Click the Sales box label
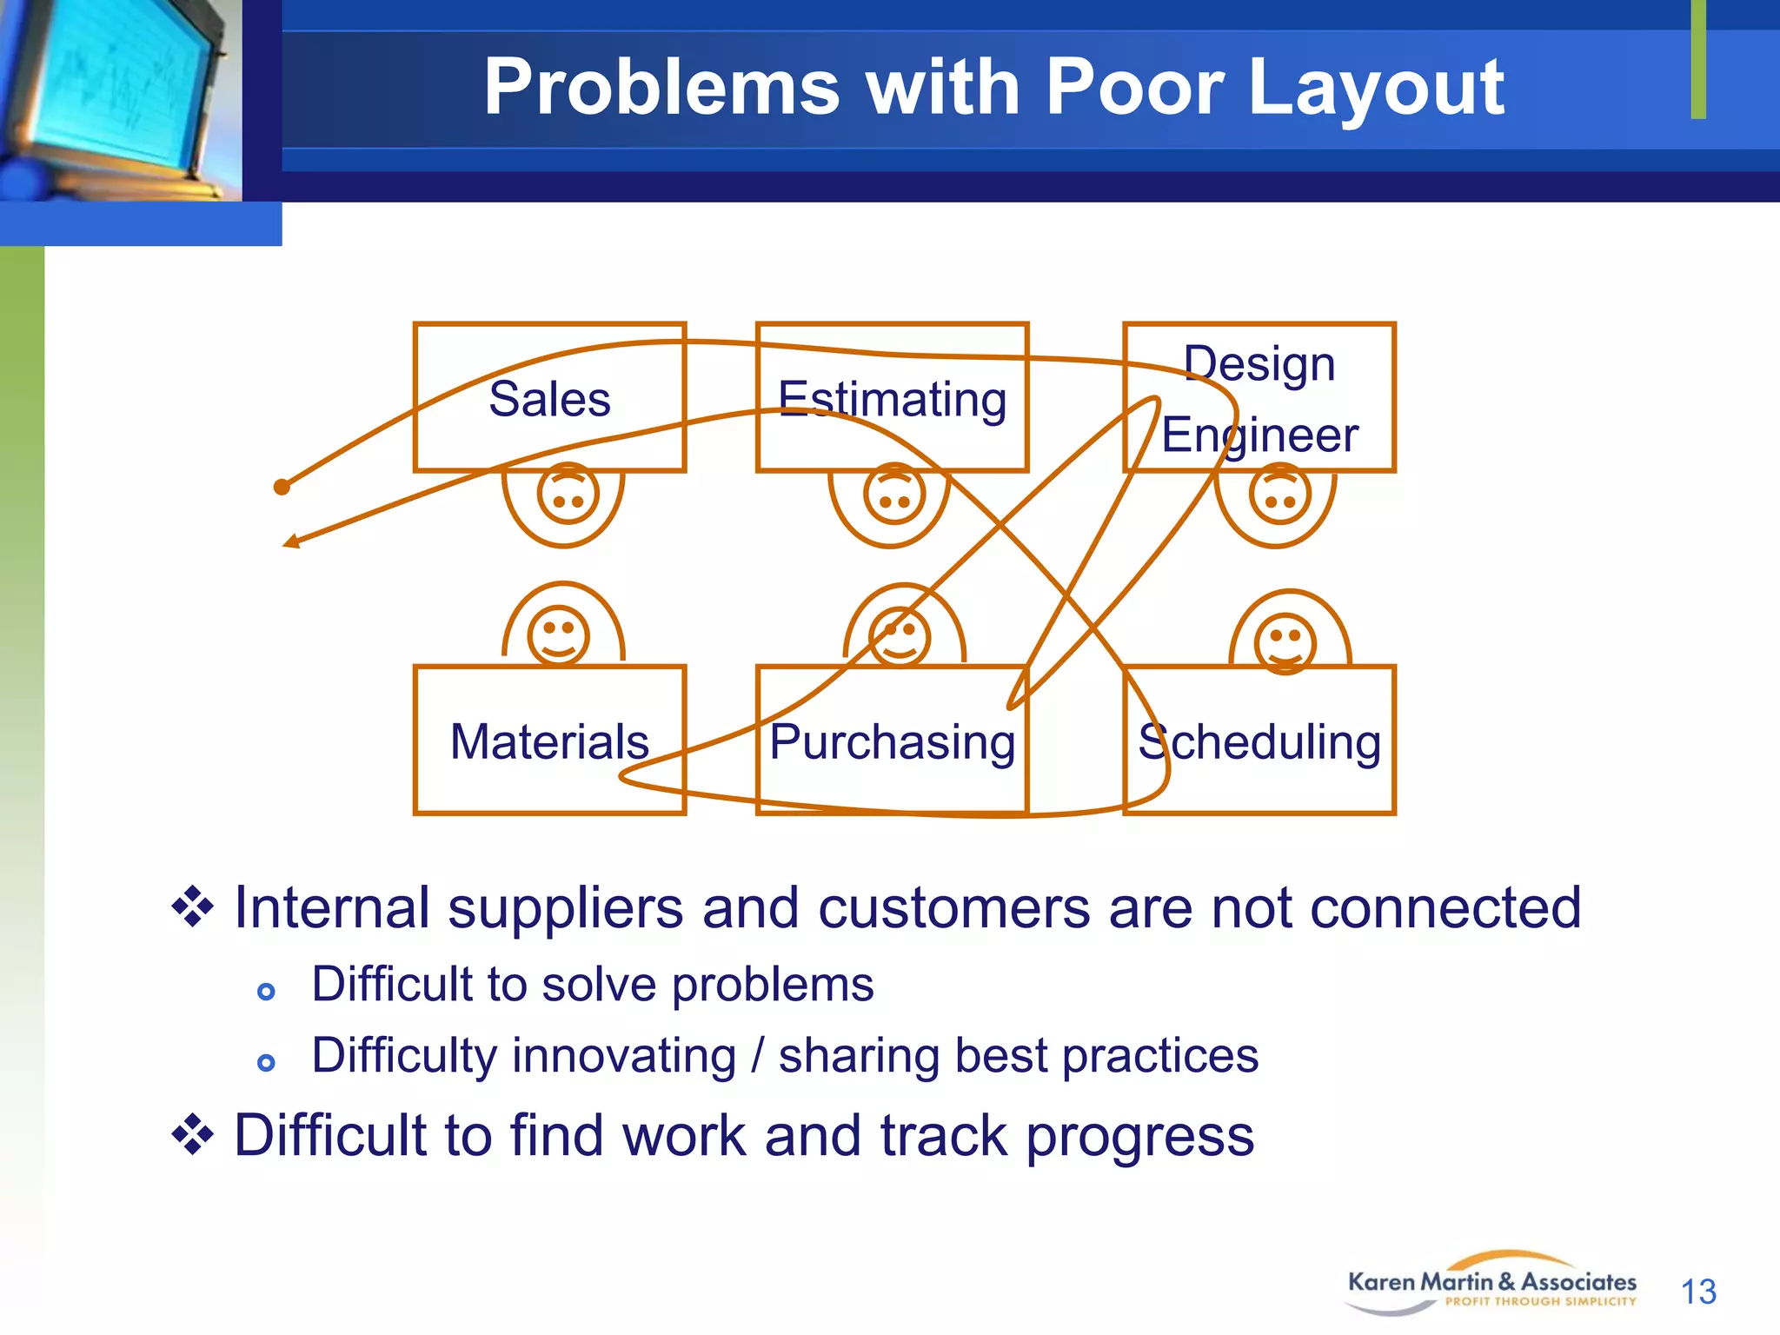pyautogui.click(x=549, y=399)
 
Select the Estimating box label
pyautogui.click(x=892, y=399)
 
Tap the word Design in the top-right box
pyautogui.click(x=1259, y=363)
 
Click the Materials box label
pyautogui.click(x=549, y=742)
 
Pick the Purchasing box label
pyautogui.click(x=892, y=742)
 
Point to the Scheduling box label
pyautogui.click(x=1259, y=742)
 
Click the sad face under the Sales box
pyautogui.click(x=568, y=494)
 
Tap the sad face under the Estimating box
pyautogui.click(x=894, y=494)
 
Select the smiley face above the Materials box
pyautogui.click(x=559, y=634)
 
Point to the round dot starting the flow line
pyautogui.click(x=282, y=487)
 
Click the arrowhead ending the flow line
pyautogui.click(x=291, y=542)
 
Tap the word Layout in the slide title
pyautogui.click(x=1376, y=87)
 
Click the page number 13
pyautogui.click(x=1698, y=1292)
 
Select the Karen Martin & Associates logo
pyautogui.click(x=1491, y=1284)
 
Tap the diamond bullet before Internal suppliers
pyautogui.click(x=192, y=907)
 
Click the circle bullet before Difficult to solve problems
pyautogui.click(x=267, y=991)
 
